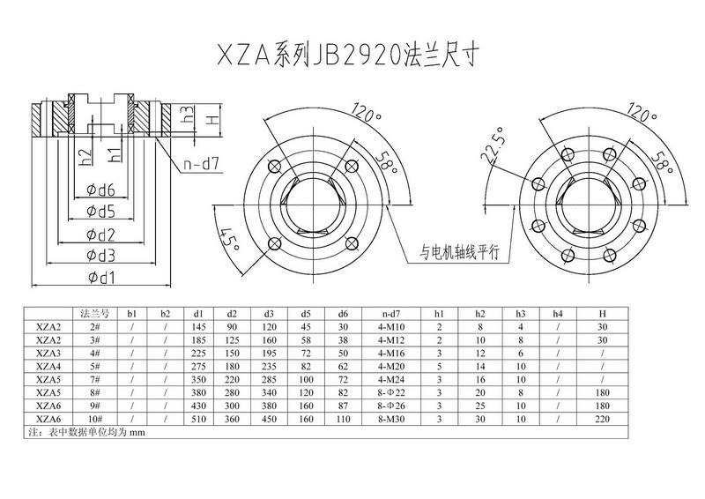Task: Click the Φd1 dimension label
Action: pyautogui.click(x=103, y=278)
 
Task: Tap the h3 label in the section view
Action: pyautogui.click(x=186, y=115)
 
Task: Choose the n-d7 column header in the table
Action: pyautogui.click(x=396, y=313)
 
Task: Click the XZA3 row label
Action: pyautogui.click(x=48, y=350)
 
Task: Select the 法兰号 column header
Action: pyautogui.click(x=93, y=313)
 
